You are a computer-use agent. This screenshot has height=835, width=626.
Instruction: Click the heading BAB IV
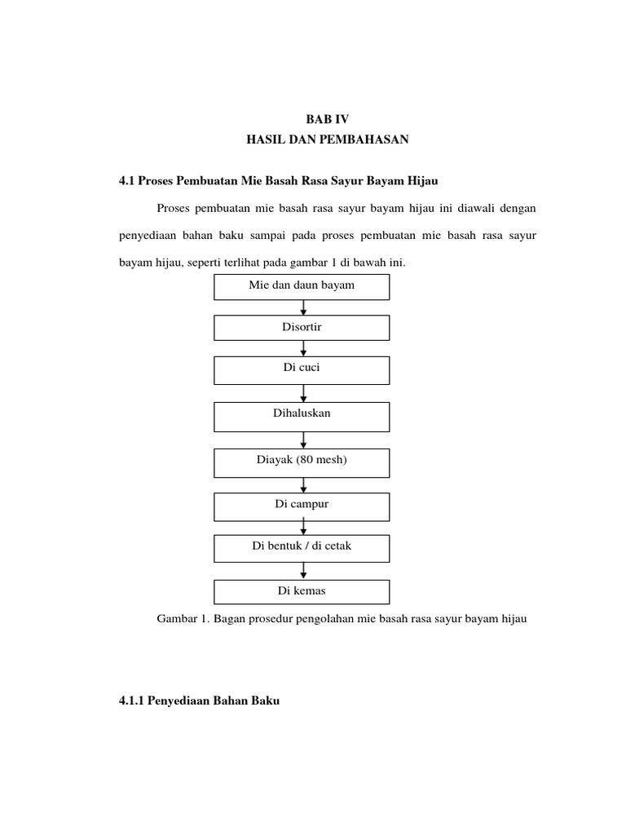point(326,119)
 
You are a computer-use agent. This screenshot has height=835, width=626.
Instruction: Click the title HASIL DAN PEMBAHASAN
point(326,140)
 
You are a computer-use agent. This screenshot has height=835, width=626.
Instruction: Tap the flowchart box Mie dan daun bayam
point(302,286)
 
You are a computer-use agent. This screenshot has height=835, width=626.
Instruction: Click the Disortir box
point(302,327)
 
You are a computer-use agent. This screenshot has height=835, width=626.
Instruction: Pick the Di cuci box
point(302,369)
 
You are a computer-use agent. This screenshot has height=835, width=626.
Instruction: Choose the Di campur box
point(302,505)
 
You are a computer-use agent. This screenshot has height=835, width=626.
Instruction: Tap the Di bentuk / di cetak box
point(302,546)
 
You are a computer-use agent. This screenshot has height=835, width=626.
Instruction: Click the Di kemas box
point(302,590)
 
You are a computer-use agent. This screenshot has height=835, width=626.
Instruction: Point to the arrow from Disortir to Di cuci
point(303,348)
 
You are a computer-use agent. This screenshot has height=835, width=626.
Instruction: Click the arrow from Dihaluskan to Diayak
point(303,440)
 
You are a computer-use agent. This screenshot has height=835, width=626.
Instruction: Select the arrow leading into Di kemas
point(303,571)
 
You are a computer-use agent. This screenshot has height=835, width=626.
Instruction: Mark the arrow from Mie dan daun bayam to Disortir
point(303,307)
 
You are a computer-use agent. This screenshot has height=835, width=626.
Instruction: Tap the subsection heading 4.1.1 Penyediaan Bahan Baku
point(199,700)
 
